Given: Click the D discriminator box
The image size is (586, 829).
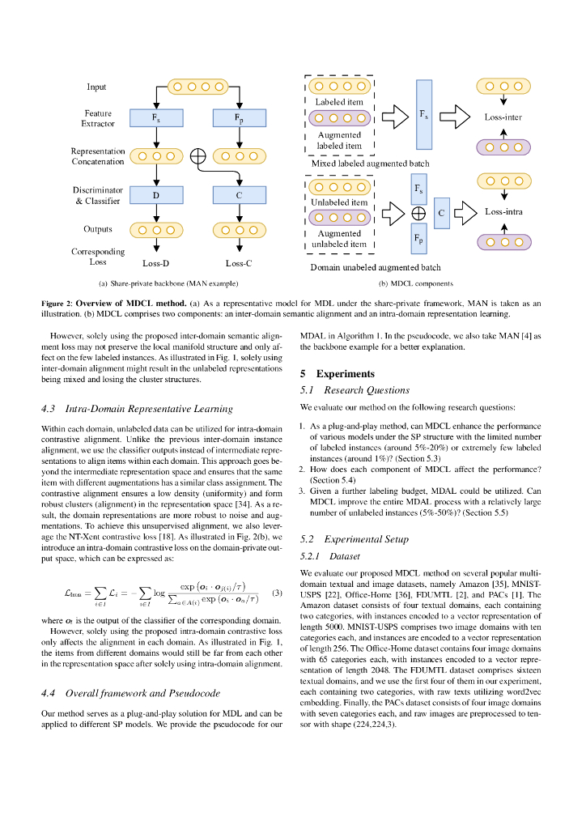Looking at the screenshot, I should click(155, 194).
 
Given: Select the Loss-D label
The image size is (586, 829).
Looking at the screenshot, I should click(155, 262).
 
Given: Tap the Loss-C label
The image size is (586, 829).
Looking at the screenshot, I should click(239, 262).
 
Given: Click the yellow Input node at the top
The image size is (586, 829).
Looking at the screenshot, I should click(197, 87).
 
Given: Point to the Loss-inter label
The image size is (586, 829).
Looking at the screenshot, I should click(503, 117).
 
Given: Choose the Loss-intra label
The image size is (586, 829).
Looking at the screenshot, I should click(503, 212).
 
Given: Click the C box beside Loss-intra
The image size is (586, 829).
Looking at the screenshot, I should click(441, 212).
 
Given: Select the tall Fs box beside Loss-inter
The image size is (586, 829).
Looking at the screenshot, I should click(424, 115).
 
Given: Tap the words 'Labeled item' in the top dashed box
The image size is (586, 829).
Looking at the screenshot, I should click(339, 102).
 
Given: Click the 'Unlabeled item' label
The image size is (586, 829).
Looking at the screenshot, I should click(339, 202).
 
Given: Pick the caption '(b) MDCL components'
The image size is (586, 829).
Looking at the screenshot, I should click(416, 284).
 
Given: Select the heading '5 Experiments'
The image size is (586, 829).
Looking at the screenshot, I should click(338, 374).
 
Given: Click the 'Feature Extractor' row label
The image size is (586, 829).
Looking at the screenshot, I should click(97, 118).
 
